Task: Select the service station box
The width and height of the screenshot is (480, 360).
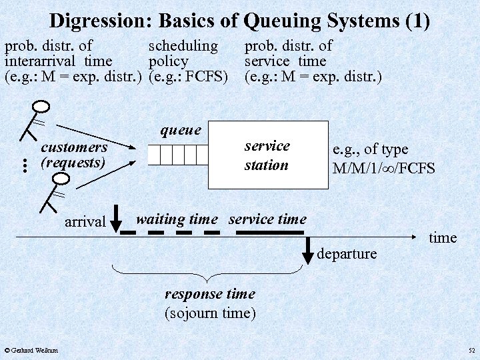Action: pos(269,155)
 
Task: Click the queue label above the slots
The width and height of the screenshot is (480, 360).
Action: pos(181,130)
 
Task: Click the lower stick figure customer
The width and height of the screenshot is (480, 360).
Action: pos(55,193)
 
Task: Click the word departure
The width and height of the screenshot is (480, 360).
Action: pos(347,253)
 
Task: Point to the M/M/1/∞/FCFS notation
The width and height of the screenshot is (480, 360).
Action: pos(383,168)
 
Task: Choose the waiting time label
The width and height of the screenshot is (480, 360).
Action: pos(177,219)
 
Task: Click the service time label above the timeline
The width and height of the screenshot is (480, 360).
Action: pos(267,219)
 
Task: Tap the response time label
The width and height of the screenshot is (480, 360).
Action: pos(209,294)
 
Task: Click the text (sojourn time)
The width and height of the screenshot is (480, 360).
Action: pos(209,313)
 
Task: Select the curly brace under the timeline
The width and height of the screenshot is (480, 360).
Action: pos(209,274)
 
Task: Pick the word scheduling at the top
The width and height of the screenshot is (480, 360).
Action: pos(183,46)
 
